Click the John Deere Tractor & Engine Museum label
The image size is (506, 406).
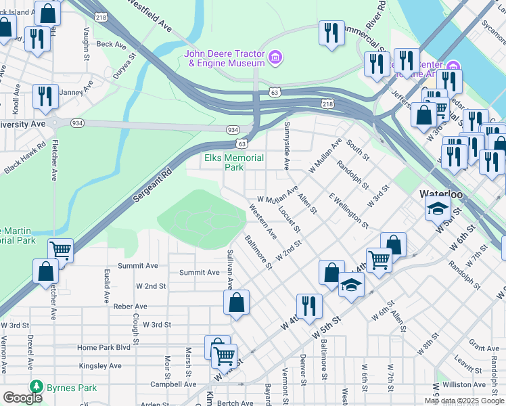pos(223,58)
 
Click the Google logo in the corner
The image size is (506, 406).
pos(22,398)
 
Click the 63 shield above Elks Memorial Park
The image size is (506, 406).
pos(242,143)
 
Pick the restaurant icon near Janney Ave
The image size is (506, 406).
pos(45,96)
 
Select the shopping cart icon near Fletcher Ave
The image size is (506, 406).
pos(60,251)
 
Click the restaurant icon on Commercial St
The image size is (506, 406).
pos(331,34)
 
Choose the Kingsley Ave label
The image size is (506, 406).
pos(99,365)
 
